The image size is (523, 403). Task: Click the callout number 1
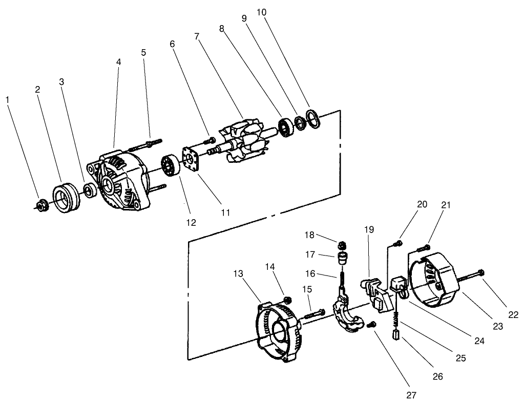[x=8, y=99]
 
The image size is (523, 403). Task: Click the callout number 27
[x=411, y=395]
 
